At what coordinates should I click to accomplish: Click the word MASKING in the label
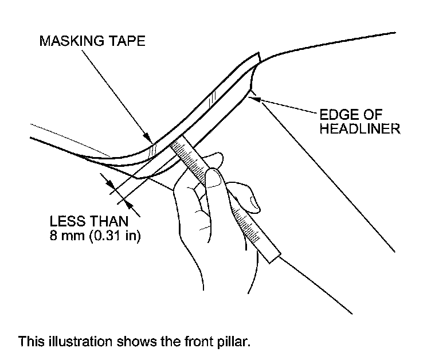click(x=65, y=42)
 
